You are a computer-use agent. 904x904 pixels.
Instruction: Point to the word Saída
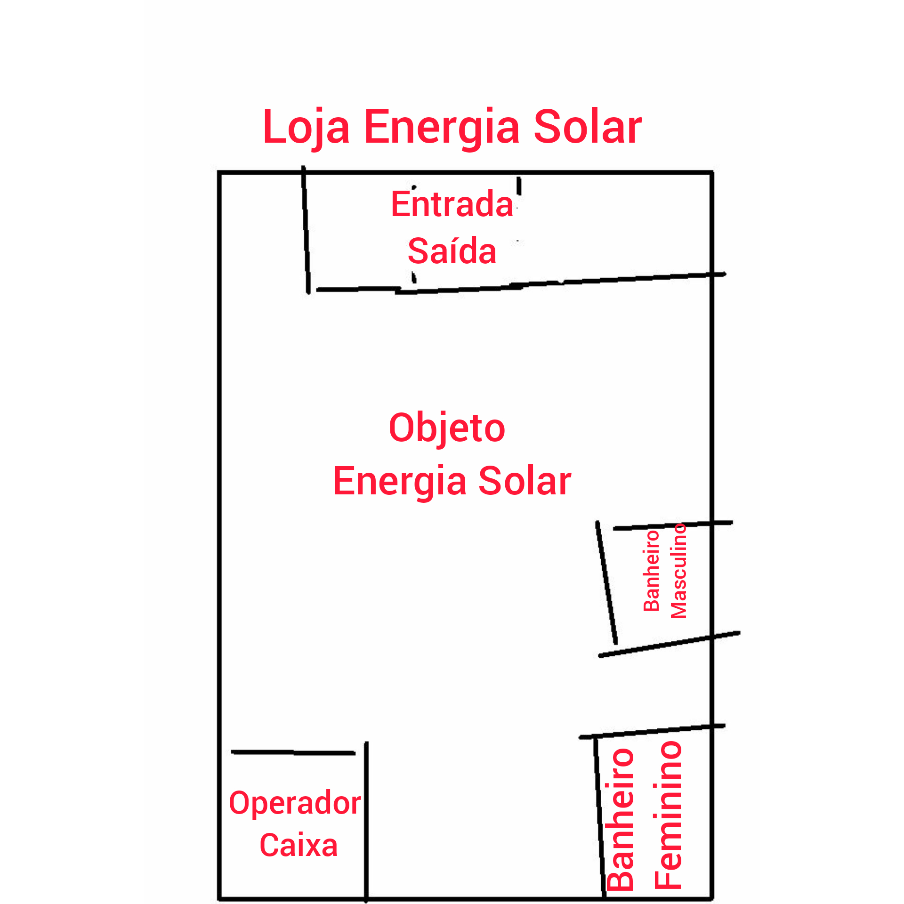(452, 250)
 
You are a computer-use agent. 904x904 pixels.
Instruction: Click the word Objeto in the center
(447, 428)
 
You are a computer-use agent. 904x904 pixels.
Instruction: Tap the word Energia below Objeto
(400, 482)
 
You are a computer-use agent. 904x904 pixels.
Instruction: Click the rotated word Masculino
(679, 571)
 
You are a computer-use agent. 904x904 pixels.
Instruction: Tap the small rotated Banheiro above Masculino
(652, 571)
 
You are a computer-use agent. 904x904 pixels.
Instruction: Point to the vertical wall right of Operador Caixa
(366, 822)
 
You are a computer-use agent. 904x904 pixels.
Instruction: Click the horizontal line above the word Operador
(293, 752)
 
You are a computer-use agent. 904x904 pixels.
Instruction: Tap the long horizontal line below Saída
(521, 283)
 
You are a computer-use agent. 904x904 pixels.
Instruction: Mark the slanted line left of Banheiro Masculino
(606, 583)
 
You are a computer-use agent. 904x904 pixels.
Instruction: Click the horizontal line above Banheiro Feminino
(652, 731)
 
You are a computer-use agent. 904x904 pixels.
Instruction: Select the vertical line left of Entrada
(306, 230)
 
